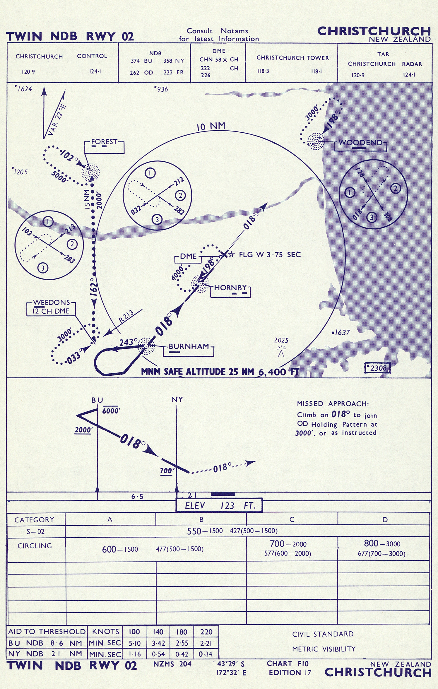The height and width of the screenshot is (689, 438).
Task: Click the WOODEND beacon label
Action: tap(360, 143)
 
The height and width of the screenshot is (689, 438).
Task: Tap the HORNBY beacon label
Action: tap(230, 288)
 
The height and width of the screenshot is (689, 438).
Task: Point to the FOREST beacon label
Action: tap(104, 142)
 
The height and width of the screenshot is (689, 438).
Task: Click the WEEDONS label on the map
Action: tap(52, 302)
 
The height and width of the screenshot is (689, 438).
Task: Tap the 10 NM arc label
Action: tap(211, 126)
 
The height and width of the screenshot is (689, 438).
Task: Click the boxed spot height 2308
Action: tap(377, 368)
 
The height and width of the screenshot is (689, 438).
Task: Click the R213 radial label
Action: tap(126, 316)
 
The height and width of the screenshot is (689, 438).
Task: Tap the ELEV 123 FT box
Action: tap(219, 505)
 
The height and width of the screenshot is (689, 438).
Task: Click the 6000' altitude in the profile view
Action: tap(111, 411)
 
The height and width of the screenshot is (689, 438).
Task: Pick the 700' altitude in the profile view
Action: tap(167, 471)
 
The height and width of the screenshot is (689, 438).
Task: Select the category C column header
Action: tap(292, 519)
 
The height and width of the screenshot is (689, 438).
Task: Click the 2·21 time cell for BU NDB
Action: tap(206, 643)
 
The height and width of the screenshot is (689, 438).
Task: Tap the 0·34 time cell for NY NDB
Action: tap(205, 654)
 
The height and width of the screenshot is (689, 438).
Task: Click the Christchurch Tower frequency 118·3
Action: tap(263, 71)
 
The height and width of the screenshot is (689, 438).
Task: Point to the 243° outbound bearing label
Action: tap(128, 342)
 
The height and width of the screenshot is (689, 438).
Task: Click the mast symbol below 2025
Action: tap(281, 351)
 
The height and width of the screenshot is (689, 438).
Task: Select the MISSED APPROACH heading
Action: tap(333, 404)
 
